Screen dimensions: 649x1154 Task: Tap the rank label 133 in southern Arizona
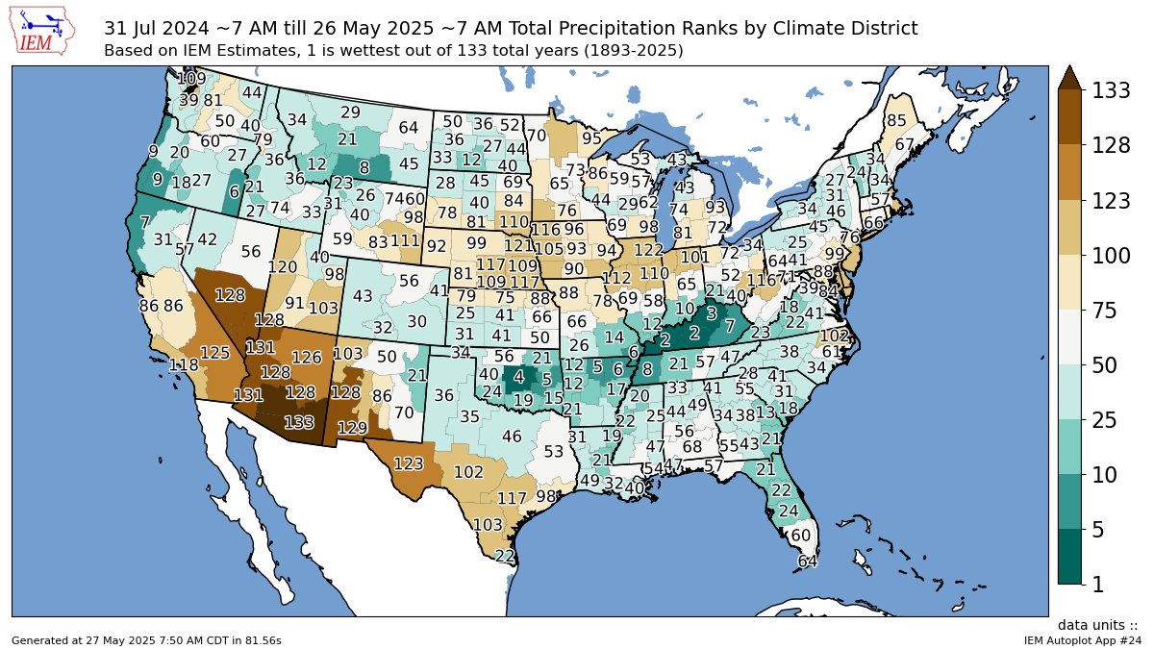299,422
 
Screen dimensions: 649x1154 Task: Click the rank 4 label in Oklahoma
518,376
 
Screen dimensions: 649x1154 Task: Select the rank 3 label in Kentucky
711,312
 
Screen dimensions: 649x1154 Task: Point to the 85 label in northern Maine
896,121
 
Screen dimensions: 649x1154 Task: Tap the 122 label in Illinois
649,250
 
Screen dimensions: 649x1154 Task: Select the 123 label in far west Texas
408,463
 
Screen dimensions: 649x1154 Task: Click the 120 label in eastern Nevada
282,267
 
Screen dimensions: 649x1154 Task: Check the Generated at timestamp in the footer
146,639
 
